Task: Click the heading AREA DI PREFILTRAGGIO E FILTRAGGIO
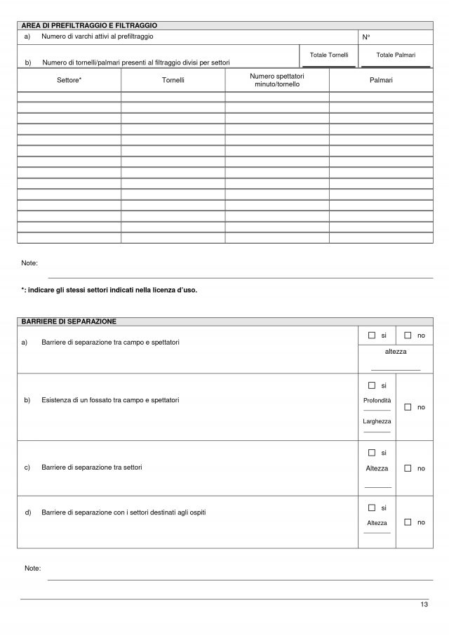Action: click(89, 25)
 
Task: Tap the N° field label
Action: click(366, 37)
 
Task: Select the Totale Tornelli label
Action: click(328, 55)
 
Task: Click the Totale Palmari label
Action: click(396, 55)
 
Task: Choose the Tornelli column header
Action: click(173, 80)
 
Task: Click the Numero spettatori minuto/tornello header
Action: click(277, 80)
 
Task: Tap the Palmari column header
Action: click(381, 80)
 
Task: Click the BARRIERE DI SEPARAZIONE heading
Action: click(69, 321)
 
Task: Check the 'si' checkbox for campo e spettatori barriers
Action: click(372, 336)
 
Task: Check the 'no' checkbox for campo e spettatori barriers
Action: click(408, 336)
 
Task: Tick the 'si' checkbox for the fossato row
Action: click(372, 385)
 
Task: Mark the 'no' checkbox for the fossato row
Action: click(408, 407)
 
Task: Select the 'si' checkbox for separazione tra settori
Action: click(372, 453)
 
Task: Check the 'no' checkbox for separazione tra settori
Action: click(408, 468)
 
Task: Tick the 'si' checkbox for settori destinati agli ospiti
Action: click(372, 507)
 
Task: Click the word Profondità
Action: click(377, 400)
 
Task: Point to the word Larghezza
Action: click(377, 421)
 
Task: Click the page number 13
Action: click(424, 605)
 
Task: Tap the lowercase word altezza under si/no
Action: click(396, 351)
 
